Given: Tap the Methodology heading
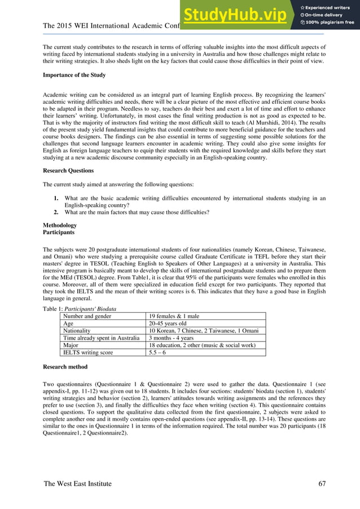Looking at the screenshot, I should pos(60,225).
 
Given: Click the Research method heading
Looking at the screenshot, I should pos(65,366).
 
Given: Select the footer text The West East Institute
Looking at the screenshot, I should pos(77,484).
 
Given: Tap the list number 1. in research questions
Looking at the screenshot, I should pos(56,198).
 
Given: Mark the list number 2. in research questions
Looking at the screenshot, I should pos(56,212).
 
